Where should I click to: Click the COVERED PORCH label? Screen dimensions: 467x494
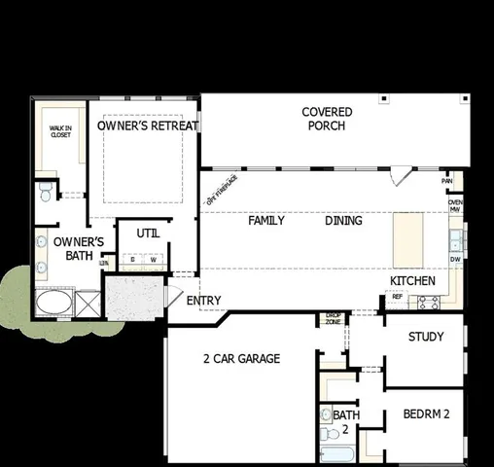[x=327, y=119]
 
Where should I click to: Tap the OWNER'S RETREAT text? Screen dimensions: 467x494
[x=148, y=126]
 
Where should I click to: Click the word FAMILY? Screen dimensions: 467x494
[x=266, y=221]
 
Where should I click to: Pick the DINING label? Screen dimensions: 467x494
[x=343, y=221]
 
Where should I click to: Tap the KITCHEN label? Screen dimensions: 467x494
[x=411, y=280]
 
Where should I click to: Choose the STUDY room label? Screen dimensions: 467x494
[x=425, y=337]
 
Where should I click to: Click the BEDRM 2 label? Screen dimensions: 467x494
[x=426, y=414]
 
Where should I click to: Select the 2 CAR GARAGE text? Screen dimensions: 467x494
[x=241, y=359]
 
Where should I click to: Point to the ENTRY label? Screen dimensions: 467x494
[x=204, y=301]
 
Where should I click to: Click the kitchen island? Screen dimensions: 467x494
[x=407, y=240]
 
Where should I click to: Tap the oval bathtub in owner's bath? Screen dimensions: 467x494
[x=51, y=305]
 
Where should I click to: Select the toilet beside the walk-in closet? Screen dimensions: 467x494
[x=45, y=193]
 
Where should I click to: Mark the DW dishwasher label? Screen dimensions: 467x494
[x=455, y=260]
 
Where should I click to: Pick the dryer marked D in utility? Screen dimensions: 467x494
[x=132, y=260]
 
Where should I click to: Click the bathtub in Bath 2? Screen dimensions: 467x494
[x=339, y=455]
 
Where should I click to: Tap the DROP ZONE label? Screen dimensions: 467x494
[x=333, y=318]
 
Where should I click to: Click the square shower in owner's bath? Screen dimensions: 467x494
[x=85, y=305]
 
